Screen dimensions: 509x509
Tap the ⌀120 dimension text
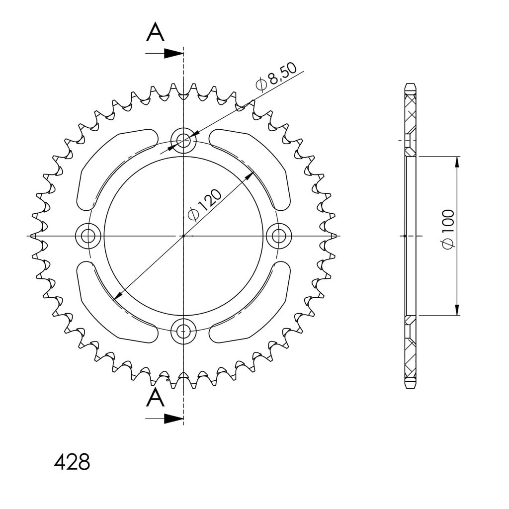205,205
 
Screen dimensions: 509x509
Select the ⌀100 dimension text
448,230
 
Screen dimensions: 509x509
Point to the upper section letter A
155,33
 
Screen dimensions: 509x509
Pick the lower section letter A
155,398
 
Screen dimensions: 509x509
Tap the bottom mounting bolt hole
183,331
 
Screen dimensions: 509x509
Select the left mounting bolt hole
88,236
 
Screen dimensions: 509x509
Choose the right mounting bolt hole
279,236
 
